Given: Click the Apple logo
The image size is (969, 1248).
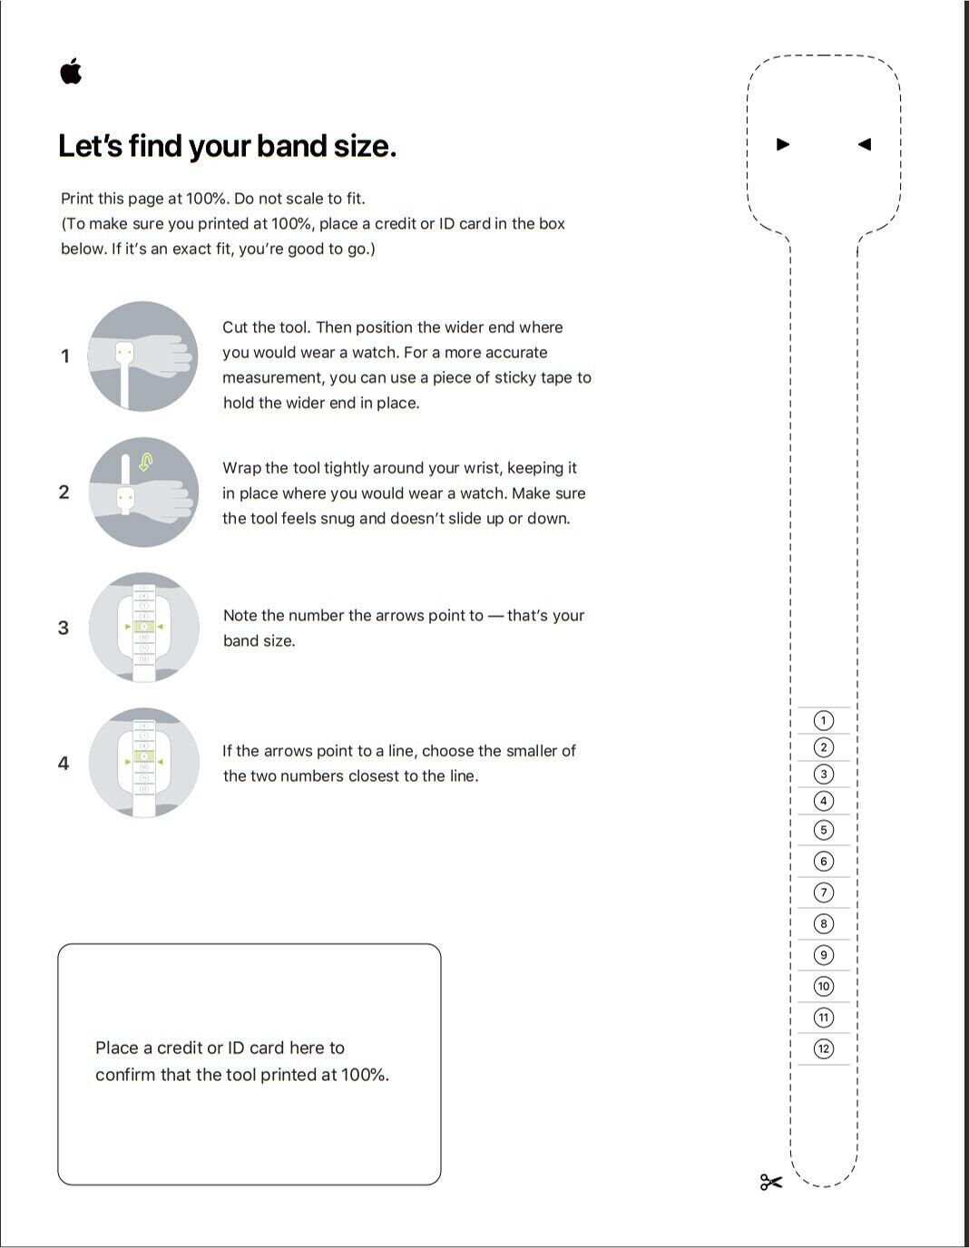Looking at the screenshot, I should point(71,71).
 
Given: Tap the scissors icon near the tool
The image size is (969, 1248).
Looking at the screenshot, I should point(770,1182).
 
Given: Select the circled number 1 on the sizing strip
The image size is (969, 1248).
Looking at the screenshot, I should point(823,721).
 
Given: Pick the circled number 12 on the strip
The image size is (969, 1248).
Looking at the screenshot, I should point(823,1048).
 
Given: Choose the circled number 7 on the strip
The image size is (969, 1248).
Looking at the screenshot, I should point(823,892).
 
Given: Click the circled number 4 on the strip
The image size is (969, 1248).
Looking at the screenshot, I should point(823,801).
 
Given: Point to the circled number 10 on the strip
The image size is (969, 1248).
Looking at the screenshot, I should point(823,986).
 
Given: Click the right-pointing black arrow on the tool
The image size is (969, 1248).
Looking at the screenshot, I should point(783,144).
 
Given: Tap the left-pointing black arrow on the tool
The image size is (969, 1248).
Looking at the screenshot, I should point(864,144).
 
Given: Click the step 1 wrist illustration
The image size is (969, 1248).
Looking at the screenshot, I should point(143,356).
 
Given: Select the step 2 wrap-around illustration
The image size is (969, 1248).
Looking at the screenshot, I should point(143,492).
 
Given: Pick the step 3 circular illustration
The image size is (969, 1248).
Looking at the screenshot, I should point(143,627).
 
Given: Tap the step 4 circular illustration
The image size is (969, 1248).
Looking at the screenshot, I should point(143,762).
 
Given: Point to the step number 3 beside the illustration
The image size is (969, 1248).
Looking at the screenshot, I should point(64,628).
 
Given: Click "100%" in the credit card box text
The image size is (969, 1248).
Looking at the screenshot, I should point(364,1075).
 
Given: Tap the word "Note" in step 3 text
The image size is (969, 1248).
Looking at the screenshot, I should point(240,616).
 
